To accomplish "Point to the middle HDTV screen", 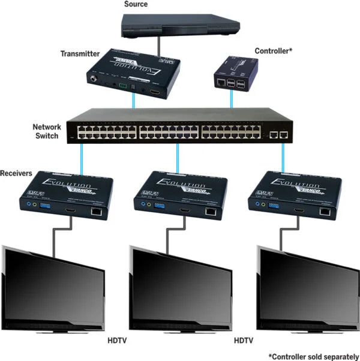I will (184, 287).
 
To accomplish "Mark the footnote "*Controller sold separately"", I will (313, 354).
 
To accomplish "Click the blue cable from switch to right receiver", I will (281, 158).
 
